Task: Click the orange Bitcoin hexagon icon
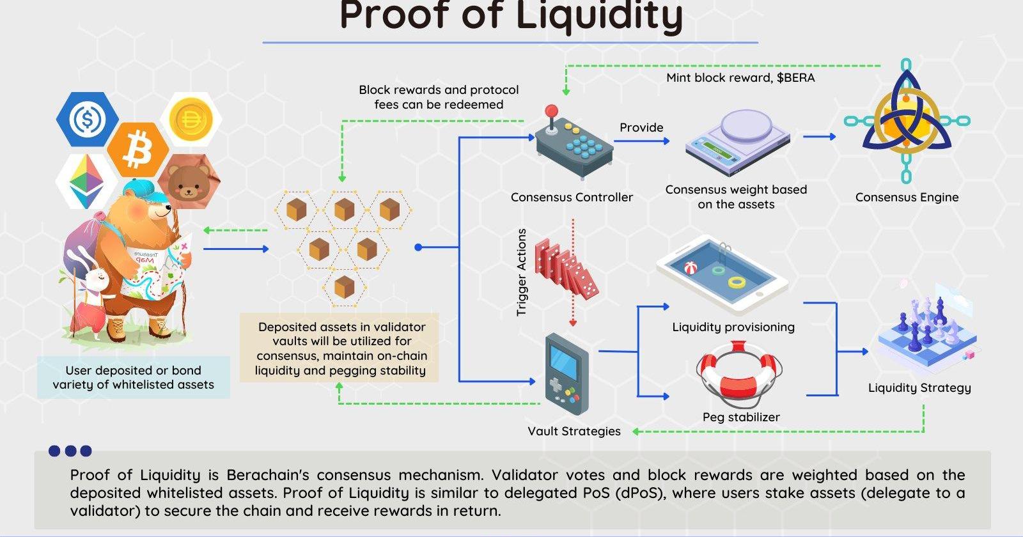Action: click(x=137, y=150)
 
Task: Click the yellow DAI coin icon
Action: click(x=191, y=120)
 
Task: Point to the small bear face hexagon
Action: click(x=188, y=181)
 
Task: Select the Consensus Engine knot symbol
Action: click(x=906, y=121)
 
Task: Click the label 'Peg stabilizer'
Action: click(x=741, y=417)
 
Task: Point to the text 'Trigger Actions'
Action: click(x=522, y=272)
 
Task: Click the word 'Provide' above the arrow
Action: click(x=641, y=127)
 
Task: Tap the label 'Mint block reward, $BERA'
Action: click(x=740, y=78)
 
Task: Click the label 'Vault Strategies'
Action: click(x=574, y=431)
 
